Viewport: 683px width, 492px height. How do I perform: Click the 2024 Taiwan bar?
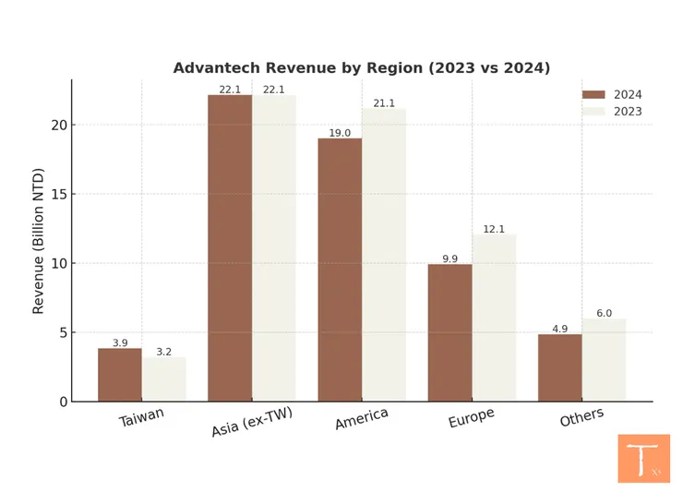(120, 375)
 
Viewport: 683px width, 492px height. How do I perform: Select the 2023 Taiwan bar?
(164, 379)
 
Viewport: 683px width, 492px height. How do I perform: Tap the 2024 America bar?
(340, 270)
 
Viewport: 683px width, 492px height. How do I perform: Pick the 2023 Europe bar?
(494, 318)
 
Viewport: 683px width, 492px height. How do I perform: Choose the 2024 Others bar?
(560, 367)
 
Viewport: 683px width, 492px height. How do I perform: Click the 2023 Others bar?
(604, 360)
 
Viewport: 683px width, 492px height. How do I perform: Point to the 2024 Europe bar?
(449, 332)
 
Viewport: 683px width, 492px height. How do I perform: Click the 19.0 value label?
(340, 133)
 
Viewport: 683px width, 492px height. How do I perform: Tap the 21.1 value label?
(384, 103)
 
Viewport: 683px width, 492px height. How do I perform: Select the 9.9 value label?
(449, 258)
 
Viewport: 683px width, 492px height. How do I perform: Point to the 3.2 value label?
(164, 352)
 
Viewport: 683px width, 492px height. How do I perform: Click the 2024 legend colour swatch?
(593, 94)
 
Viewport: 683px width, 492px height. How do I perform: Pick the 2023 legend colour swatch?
(593, 112)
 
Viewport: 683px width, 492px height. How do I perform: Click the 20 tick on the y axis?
(58, 126)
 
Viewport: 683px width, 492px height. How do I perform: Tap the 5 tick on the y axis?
(61, 332)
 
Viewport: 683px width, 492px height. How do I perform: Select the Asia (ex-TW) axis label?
(252, 423)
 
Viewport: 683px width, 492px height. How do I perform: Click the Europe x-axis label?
(472, 418)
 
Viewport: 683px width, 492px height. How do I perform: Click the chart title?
(362, 68)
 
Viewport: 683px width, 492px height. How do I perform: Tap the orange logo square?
(643, 459)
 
